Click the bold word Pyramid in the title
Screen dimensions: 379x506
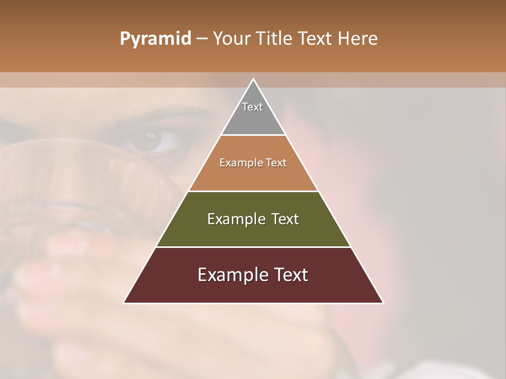tap(155, 38)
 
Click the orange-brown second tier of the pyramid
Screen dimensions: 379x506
tap(253, 176)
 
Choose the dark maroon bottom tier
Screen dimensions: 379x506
tap(253, 290)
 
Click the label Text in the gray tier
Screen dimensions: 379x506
tap(252, 107)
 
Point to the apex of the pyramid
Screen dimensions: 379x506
tap(253, 79)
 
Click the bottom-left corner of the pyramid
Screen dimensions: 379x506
tap(124, 303)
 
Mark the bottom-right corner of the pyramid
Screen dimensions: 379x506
tap(383, 303)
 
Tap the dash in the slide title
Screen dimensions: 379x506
tap(202, 38)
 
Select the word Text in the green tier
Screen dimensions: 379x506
tap(285, 219)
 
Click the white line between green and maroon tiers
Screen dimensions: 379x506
tap(253, 247)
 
